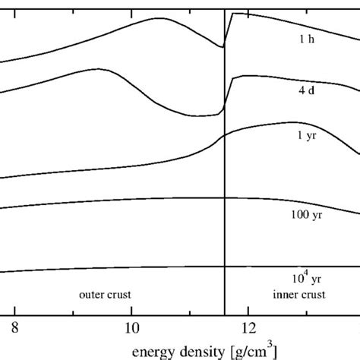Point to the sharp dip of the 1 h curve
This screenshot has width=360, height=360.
223,47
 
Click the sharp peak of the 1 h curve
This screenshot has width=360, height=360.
233,14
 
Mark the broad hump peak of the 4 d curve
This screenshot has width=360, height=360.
97,69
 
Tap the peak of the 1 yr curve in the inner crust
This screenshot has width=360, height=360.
291,122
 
